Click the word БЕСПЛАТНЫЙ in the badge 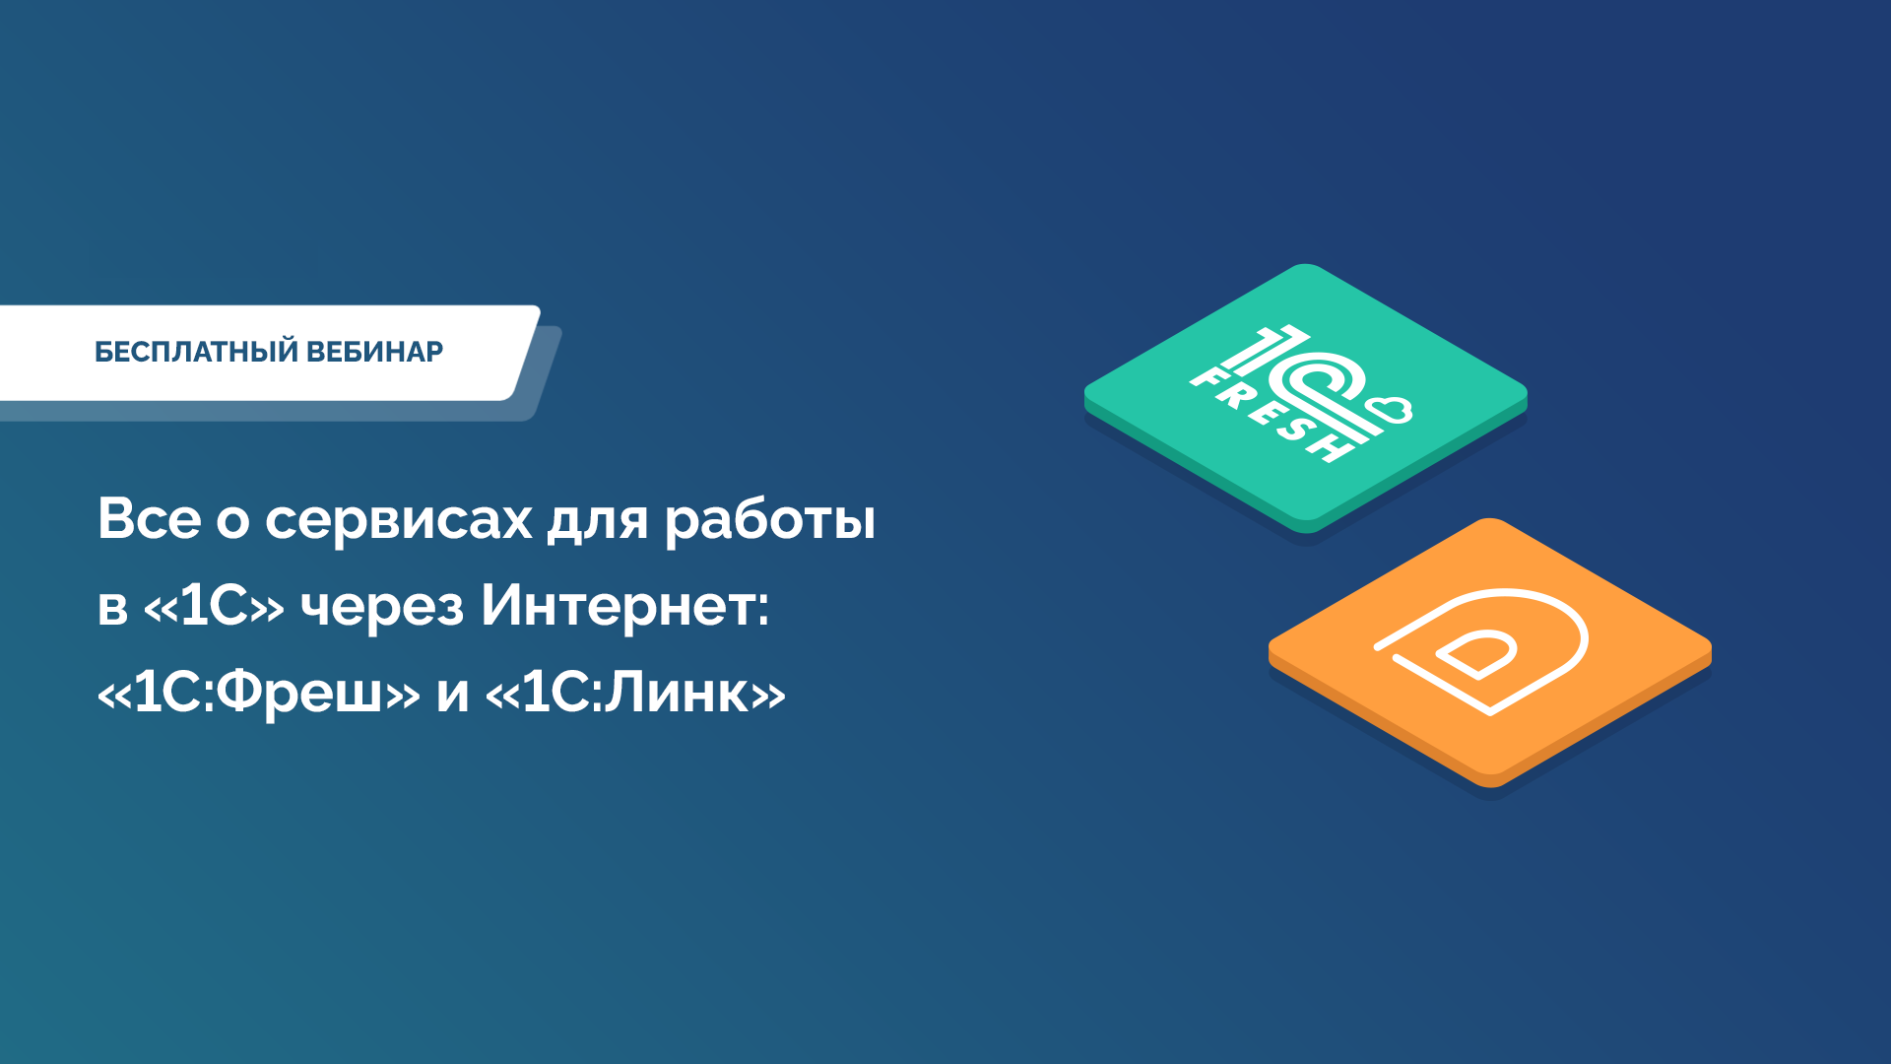[196, 352]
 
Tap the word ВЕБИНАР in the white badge [375, 352]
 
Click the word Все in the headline [150, 518]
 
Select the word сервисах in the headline [399, 519]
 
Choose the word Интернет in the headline [616, 606]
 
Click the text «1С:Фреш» [259, 693]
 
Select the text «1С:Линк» [636, 693]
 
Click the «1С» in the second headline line [214, 605]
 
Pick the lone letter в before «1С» [113, 608]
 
